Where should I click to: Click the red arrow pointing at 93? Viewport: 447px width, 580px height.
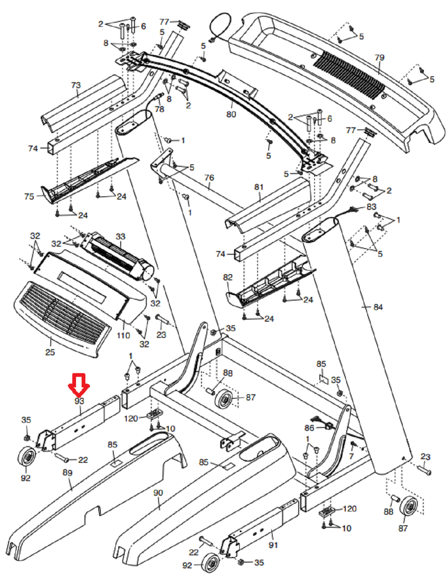point(79,385)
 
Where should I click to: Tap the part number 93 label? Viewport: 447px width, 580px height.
point(79,401)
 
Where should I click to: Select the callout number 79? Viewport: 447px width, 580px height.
point(380,57)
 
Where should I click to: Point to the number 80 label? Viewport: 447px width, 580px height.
point(231,114)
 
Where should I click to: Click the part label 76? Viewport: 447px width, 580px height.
point(209,178)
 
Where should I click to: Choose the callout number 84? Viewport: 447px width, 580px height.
point(378,307)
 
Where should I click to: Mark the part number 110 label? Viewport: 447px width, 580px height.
point(123,335)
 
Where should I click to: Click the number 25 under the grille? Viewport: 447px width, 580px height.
point(50,352)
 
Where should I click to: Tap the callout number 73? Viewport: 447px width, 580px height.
point(76,85)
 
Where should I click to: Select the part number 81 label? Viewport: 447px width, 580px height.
point(259,187)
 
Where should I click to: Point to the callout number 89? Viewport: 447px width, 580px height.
point(67,473)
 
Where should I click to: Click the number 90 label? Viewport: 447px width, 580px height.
point(158,493)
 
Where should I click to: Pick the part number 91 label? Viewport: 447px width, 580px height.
point(273,545)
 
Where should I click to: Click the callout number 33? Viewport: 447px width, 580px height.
point(121,236)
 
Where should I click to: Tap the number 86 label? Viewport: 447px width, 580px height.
point(309,428)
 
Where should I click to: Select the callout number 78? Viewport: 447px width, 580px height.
point(160,109)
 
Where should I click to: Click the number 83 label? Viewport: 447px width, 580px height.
point(371,206)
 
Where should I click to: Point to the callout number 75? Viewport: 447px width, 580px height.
point(29,196)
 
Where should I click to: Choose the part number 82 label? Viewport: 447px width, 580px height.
point(228,277)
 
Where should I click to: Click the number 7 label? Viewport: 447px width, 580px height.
point(351,456)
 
